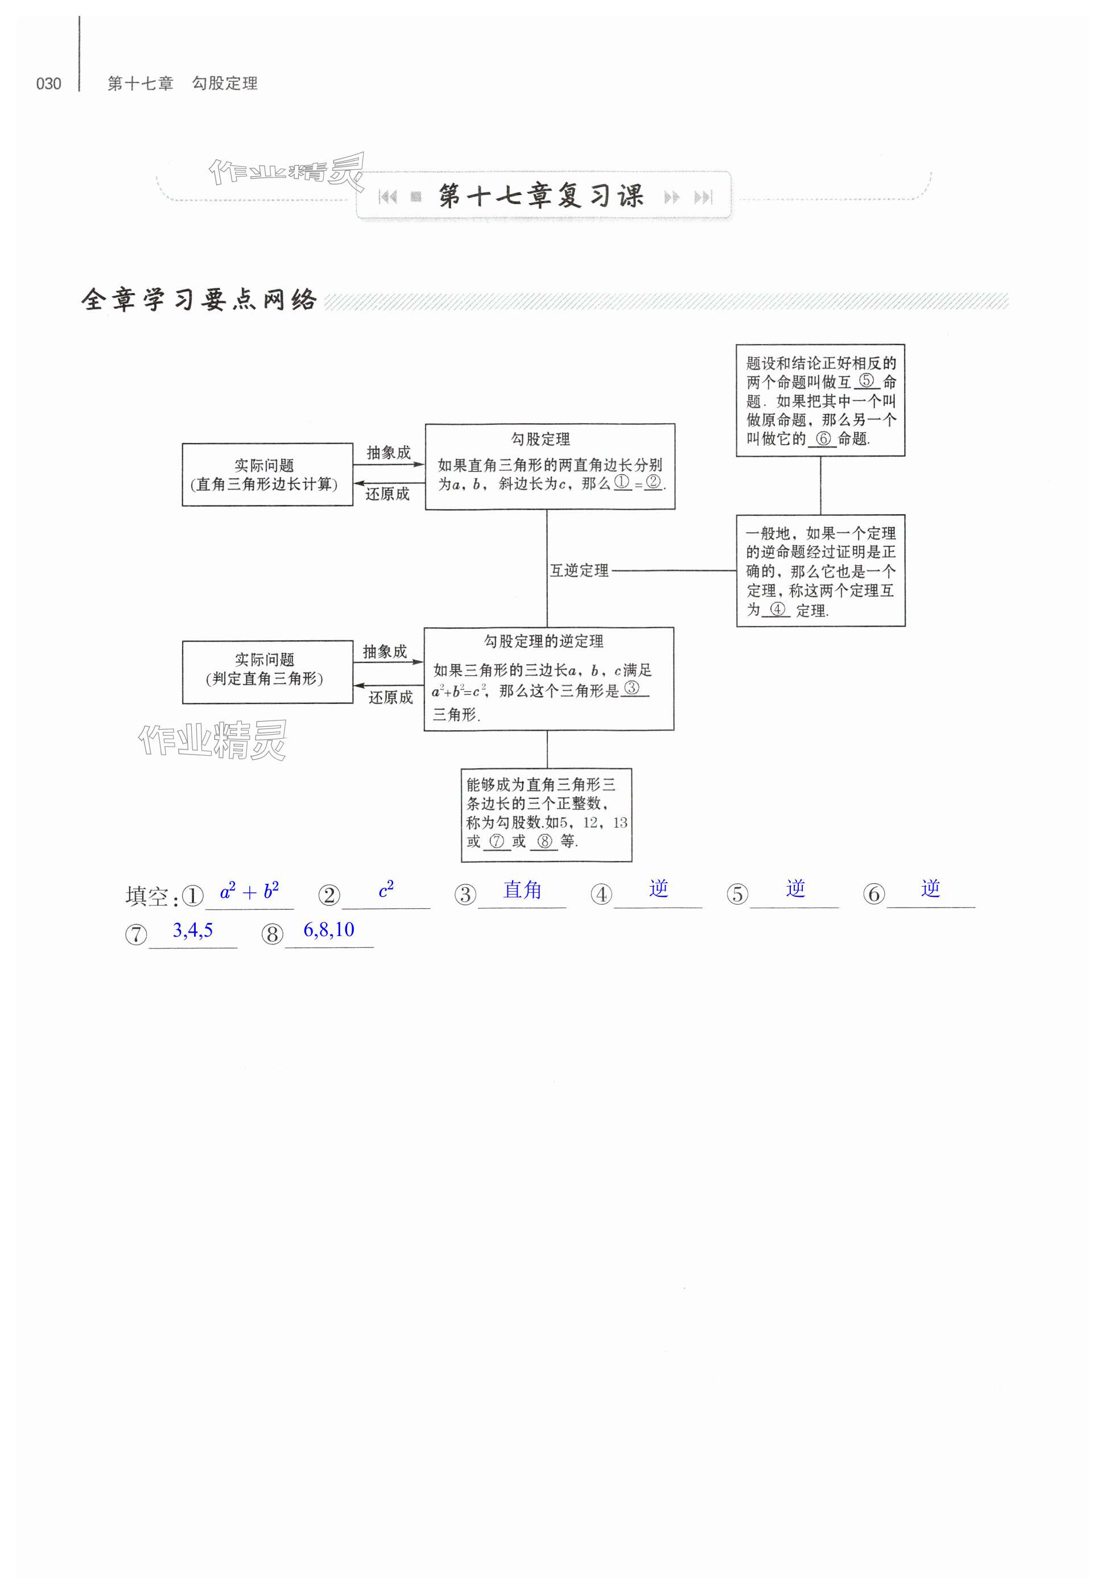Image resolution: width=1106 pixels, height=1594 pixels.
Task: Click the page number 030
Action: [48, 84]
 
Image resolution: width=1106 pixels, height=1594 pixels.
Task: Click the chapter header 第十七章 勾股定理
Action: [182, 84]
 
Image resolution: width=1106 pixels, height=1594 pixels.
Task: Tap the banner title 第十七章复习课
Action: [541, 196]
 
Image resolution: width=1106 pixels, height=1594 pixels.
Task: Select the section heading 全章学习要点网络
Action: [199, 300]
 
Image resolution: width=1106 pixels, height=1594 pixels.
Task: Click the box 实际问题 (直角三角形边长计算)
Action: [267, 474]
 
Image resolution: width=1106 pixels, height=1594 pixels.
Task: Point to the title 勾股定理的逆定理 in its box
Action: [543, 641]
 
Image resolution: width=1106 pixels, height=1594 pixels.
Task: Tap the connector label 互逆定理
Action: [579, 570]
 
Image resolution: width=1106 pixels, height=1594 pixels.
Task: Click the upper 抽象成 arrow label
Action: [388, 452]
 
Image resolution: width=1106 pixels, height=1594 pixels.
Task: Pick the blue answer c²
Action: [386, 889]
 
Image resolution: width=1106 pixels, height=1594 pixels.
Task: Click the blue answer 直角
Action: [522, 889]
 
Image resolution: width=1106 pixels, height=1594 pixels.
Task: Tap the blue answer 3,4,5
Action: [193, 930]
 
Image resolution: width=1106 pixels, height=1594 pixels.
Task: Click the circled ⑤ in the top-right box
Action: [866, 380]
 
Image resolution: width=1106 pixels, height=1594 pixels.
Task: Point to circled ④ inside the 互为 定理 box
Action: [778, 609]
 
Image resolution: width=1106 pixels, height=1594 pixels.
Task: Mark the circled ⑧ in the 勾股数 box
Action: [544, 841]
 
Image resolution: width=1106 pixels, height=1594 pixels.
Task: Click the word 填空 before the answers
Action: [147, 896]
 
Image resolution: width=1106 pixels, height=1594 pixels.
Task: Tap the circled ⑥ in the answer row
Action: [873, 895]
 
